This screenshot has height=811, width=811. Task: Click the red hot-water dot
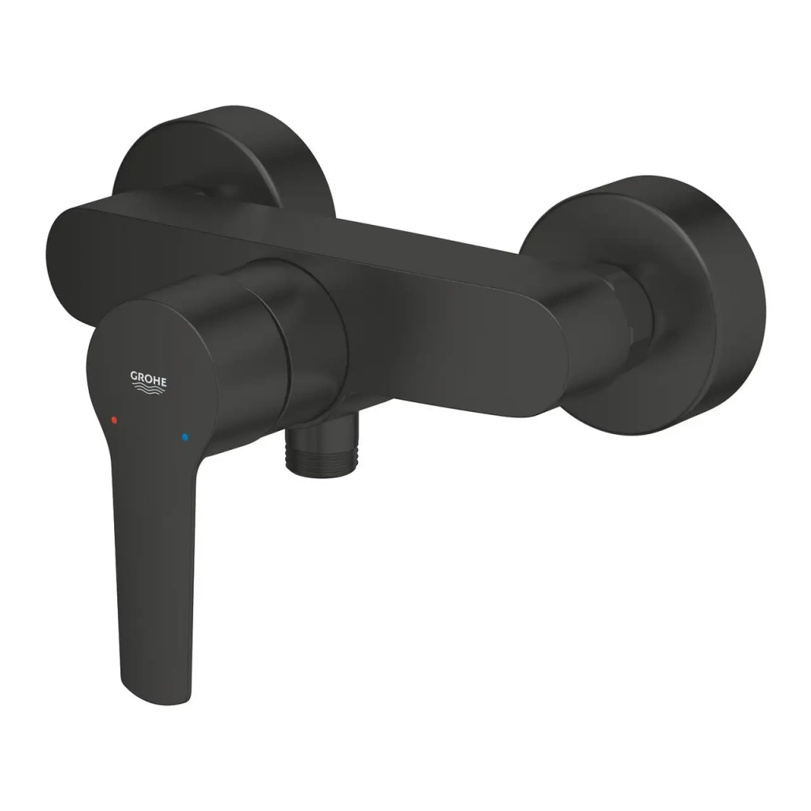click(115, 417)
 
